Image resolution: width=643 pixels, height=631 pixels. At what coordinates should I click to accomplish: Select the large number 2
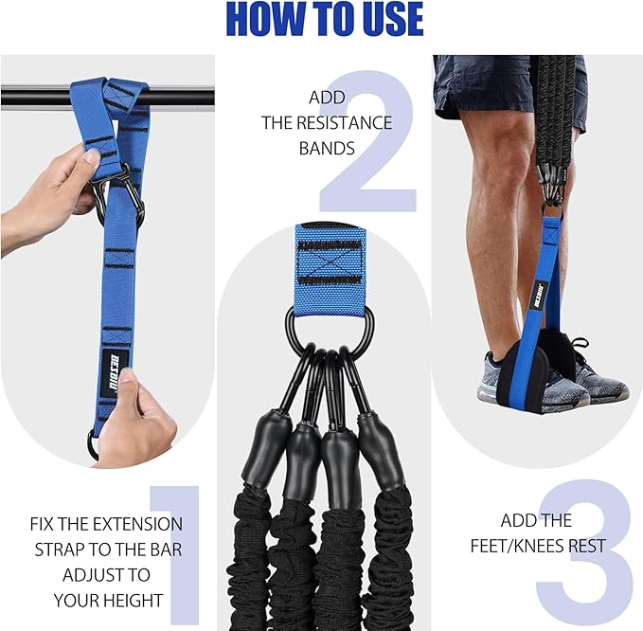coord(369,142)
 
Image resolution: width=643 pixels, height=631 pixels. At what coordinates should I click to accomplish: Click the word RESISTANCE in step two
coord(351,122)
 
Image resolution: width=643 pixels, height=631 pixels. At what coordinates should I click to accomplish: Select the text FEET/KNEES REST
coord(536,546)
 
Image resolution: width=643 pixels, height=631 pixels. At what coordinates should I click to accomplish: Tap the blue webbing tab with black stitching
coord(330,257)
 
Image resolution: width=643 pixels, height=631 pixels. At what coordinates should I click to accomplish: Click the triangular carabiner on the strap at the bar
coord(120,194)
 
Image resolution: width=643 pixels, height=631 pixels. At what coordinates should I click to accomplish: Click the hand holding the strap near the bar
coord(52,189)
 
